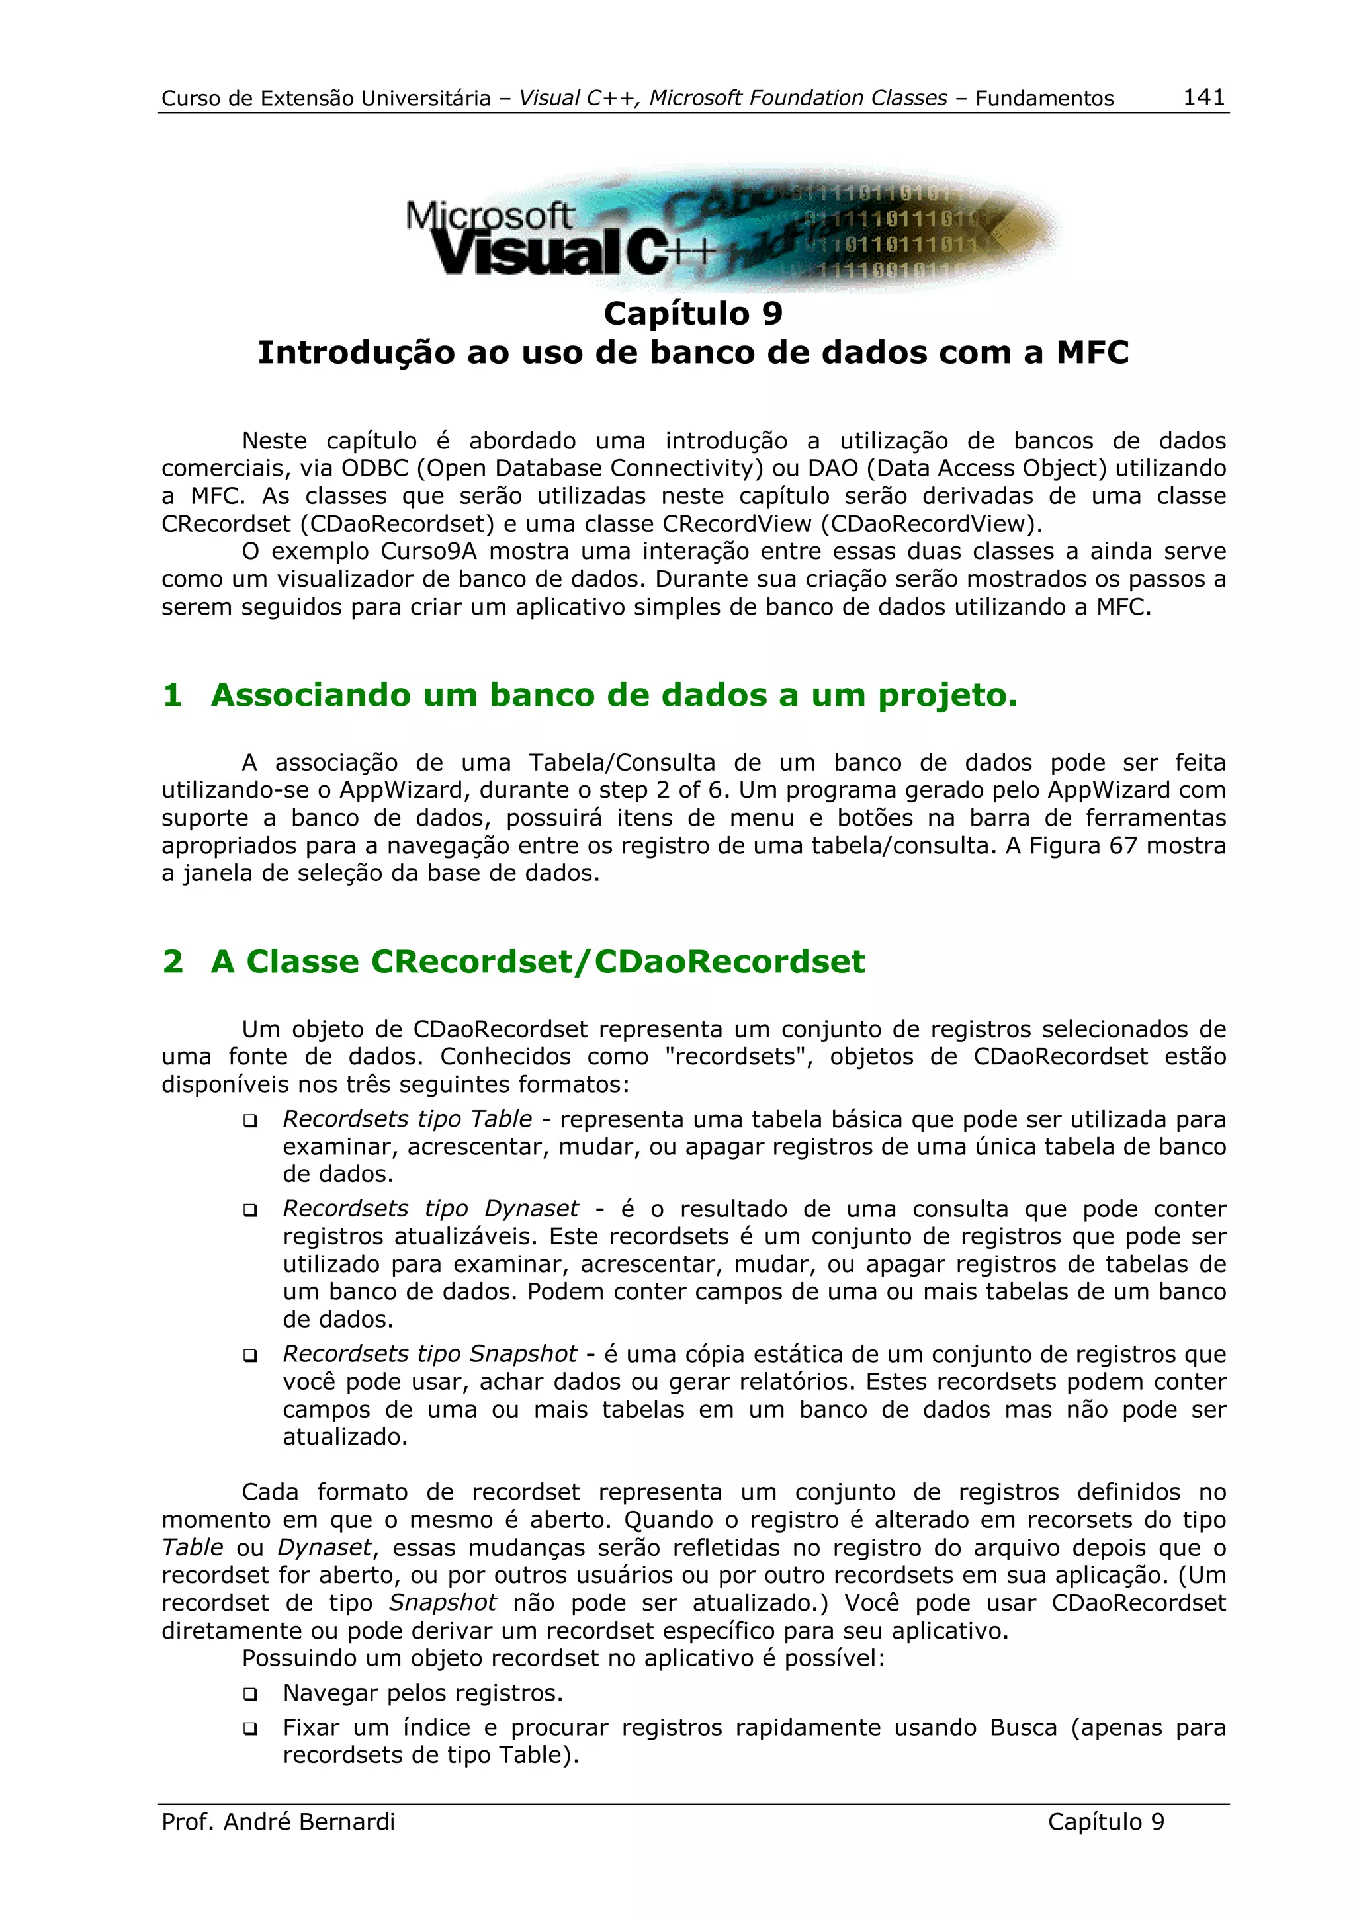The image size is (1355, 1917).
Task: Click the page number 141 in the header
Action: click(1204, 97)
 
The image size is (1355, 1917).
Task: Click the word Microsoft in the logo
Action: click(489, 216)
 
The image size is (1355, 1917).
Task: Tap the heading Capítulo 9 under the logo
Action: click(693, 314)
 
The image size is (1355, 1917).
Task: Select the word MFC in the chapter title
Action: click(1092, 353)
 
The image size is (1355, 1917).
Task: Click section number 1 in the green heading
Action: click(173, 695)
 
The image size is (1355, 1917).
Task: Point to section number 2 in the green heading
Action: click(173, 961)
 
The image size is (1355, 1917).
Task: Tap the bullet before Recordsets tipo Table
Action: click(249, 1121)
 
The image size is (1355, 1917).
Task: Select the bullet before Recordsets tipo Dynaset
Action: click(249, 1211)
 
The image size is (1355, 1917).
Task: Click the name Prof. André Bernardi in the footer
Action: click(278, 1822)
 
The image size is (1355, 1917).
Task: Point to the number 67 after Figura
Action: click(1123, 846)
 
